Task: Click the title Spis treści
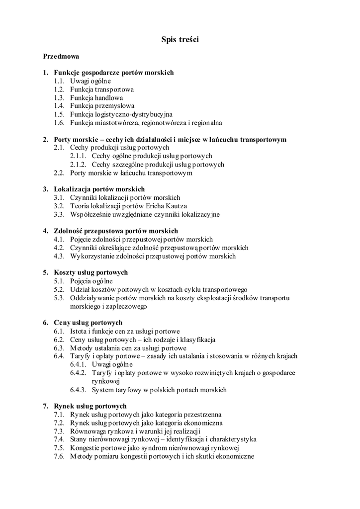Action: [x=180, y=40]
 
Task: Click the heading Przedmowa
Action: [x=61, y=56]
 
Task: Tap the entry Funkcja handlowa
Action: [x=96, y=98]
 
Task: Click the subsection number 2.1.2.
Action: [x=79, y=165]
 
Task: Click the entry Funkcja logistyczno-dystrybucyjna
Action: [x=121, y=114]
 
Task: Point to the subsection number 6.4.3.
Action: [x=79, y=390]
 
